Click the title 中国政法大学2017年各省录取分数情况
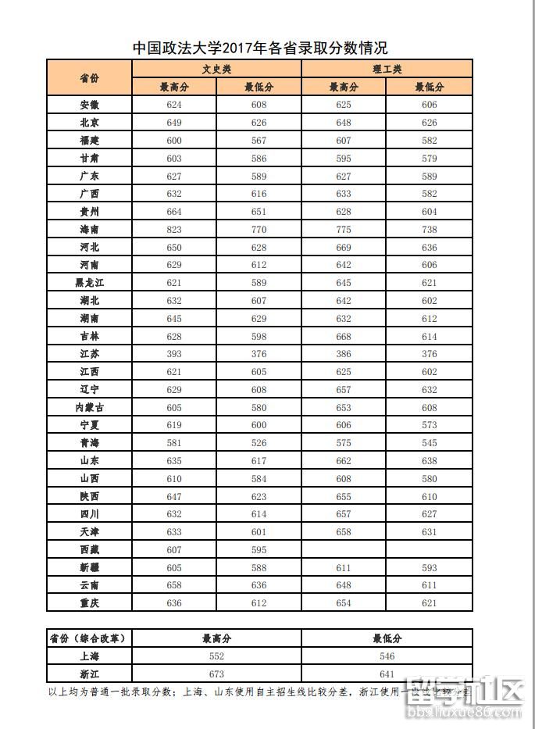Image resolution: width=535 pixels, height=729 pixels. point(259,48)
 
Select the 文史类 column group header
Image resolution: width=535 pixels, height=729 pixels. point(216,69)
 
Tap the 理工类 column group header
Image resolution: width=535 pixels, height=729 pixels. point(387,69)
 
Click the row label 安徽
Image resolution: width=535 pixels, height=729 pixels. point(89,105)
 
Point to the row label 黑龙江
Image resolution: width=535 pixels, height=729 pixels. point(89,283)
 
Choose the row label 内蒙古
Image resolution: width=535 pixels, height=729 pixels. point(89,407)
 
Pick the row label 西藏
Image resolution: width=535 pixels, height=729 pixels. point(89,549)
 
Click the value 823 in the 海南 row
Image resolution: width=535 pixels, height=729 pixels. point(174,229)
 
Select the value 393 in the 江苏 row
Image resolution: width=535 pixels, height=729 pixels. point(174,354)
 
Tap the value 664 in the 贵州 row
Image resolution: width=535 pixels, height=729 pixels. point(174,211)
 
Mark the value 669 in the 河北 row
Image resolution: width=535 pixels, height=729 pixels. point(344,247)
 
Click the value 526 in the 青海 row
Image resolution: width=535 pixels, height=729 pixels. point(259,442)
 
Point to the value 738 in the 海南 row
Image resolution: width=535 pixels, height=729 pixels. point(430,229)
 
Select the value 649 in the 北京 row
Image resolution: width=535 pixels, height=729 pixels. point(174,123)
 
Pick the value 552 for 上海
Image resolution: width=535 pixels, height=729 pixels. point(216,656)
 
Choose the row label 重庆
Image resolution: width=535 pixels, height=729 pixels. point(89,602)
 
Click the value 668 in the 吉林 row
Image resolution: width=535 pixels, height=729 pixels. point(344,336)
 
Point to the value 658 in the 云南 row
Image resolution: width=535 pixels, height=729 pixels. point(174,585)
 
